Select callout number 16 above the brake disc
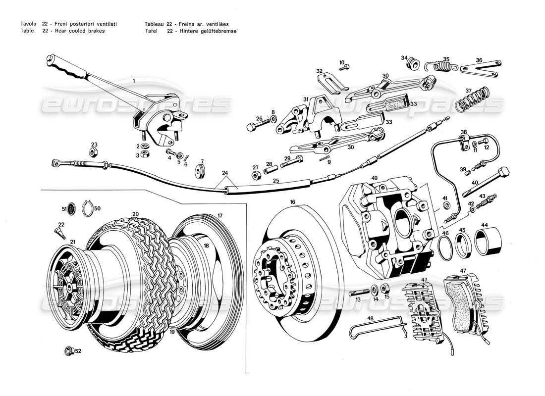coord(293,202)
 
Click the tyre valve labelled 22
coord(60,232)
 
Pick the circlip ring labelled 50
coord(88,210)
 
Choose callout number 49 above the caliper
coord(374,178)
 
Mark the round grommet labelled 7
coord(200,170)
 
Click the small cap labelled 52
coord(69,351)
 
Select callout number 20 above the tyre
coord(135,214)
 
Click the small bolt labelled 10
coord(345,67)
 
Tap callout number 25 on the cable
coord(276,181)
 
